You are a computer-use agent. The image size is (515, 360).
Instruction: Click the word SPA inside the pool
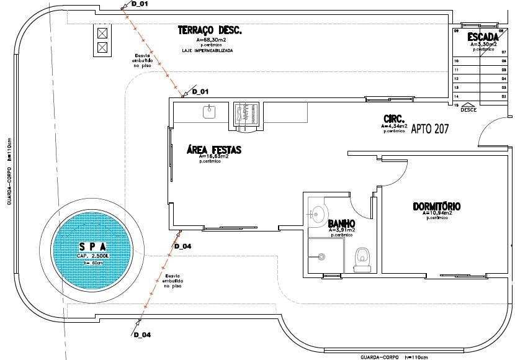[x=93, y=246]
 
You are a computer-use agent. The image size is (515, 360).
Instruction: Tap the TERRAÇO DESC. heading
[x=209, y=30]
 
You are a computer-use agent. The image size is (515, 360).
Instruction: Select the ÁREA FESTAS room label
[x=213, y=150]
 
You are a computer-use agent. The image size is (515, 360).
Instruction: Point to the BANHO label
[x=341, y=223]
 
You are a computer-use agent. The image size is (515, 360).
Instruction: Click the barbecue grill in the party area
[x=246, y=115]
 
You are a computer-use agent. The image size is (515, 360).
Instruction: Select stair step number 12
[x=457, y=79]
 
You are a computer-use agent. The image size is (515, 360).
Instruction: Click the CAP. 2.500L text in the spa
[x=93, y=255]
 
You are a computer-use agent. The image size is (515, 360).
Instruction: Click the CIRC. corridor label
[x=394, y=118]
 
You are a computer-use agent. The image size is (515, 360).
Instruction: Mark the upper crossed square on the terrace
[x=103, y=33]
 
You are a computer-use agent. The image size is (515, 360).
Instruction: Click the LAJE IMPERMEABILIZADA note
[x=207, y=50]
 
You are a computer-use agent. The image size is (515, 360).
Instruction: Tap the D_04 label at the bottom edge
[x=142, y=335]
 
